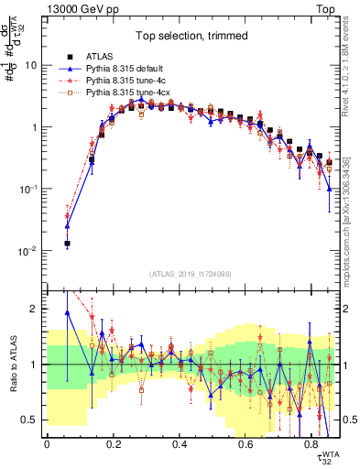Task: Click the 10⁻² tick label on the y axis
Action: (x=29, y=251)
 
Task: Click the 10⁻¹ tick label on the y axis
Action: (x=29, y=190)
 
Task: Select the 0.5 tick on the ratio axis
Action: (x=31, y=420)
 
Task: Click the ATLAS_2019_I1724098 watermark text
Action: (x=193, y=274)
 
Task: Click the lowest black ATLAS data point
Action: (x=67, y=244)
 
